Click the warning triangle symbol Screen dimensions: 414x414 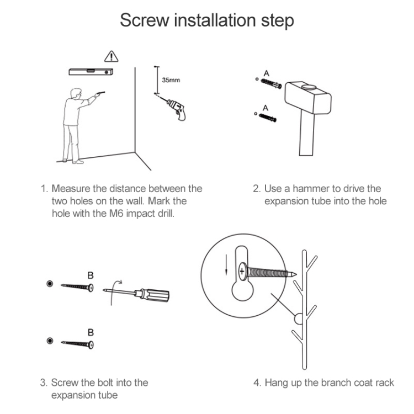coord(111,56)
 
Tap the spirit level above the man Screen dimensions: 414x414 coord(91,72)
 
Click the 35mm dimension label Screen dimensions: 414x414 coord(171,80)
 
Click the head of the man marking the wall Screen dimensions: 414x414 coord(76,94)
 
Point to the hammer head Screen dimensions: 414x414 coord(308,97)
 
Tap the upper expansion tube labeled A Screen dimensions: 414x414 coord(271,83)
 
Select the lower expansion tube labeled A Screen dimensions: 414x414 coord(268,118)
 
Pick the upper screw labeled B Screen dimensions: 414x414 coord(77,286)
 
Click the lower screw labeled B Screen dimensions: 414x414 coord(77,344)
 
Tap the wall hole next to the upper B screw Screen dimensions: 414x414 coord(50,284)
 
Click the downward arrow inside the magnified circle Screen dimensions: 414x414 coord(226,264)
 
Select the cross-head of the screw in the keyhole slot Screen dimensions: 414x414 coord(242,272)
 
